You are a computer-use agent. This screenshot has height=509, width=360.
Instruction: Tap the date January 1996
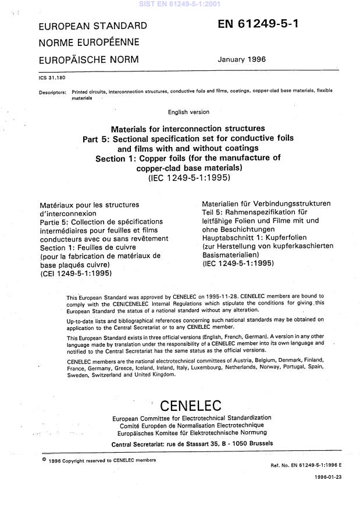[241, 59]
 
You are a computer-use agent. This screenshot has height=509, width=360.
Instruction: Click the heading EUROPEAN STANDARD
[92, 26]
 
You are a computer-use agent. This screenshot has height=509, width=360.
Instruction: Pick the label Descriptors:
[52, 92]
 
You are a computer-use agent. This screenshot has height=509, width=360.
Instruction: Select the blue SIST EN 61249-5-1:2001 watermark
[180, 4]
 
